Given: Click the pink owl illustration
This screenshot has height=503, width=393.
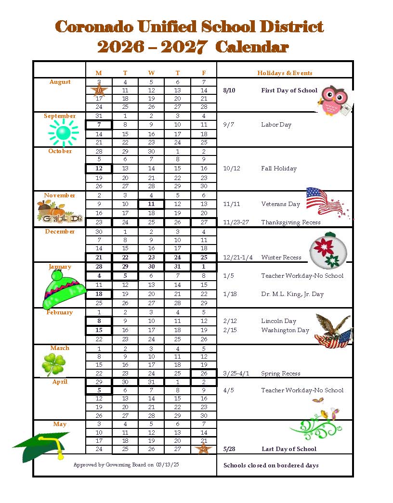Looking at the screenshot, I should [x=334, y=101].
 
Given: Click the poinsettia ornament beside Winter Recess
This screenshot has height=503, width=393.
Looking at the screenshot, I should [x=328, y=250].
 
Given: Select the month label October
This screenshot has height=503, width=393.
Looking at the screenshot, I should [x=60, y=151].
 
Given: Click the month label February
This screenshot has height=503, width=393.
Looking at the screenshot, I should [x=60, y=312].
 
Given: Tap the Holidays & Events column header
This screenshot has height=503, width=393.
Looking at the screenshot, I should [x=285, y=73].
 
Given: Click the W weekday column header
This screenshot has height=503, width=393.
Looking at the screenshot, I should [x=151, y=73].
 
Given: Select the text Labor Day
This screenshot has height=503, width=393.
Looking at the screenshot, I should [x=276, y=125].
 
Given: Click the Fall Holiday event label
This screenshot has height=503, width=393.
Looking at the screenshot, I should [x=279, y=168].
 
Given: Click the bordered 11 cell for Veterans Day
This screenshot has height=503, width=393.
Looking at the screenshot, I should [x=151, y=204].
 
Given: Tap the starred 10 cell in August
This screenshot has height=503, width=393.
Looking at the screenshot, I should [x=99, y=90].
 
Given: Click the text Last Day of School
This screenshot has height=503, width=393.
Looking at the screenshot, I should [x=289, y=449].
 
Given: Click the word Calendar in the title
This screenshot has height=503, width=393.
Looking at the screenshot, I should [x=252, y=47].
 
